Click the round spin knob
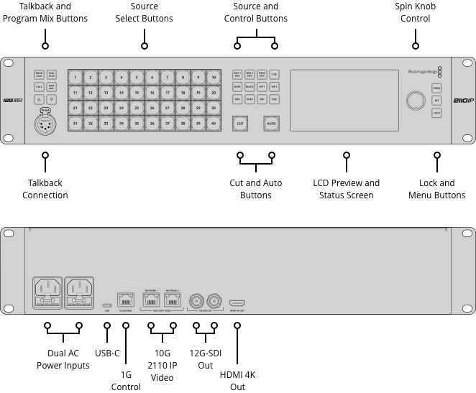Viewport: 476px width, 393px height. point(415,101)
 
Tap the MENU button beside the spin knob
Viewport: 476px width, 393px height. point(436,88)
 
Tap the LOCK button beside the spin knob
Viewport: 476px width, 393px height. point(436,114)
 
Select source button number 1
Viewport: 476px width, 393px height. point(75,77)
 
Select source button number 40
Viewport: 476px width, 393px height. point(213,124)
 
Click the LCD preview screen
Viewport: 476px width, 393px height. point(344,101)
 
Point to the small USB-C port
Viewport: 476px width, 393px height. point(107,305)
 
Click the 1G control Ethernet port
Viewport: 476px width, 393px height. point(125,300)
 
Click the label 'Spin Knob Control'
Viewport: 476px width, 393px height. point(415,12)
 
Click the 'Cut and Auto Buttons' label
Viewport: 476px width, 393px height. point(255,189)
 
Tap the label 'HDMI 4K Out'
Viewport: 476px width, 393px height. point(237,381)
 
